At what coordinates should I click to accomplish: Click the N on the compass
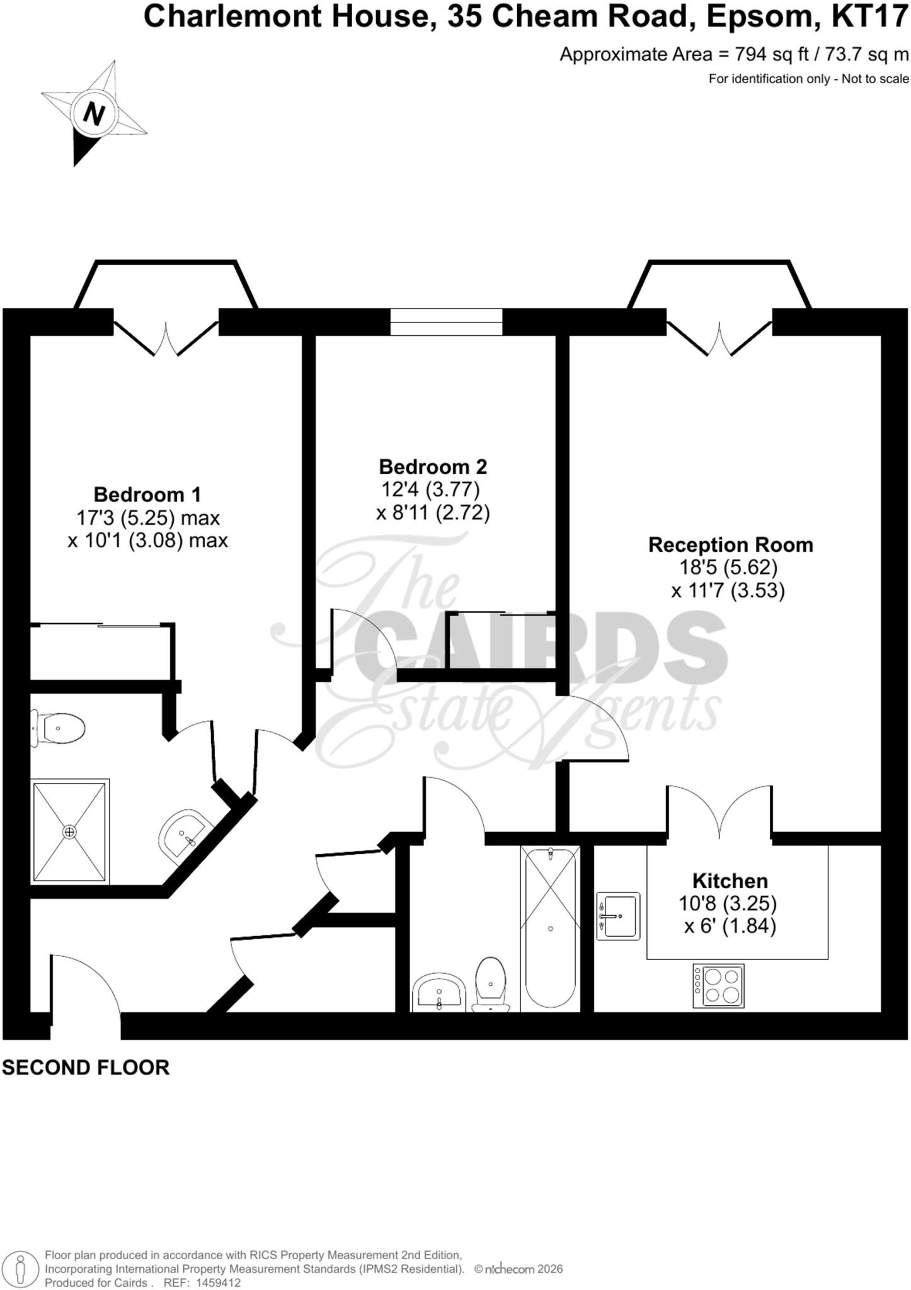point(94,115)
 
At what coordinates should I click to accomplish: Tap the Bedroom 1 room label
point(147,494)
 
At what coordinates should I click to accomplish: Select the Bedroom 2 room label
point(433,467)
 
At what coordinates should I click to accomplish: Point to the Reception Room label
point(731,544)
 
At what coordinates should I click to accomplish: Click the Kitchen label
point(730,881)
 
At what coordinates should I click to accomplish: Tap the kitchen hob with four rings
point(718,986)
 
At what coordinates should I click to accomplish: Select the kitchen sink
point(618,916)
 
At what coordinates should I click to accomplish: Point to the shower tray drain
point(69,832)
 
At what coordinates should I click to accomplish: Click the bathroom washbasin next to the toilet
point(439,993)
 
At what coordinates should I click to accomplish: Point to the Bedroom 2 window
point(446,321)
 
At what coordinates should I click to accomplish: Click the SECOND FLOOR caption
point(86,1067)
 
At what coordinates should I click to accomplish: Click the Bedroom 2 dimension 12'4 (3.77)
point(431,489)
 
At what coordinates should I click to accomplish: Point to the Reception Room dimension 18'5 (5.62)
point(728,568)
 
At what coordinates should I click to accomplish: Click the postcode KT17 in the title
point(870,17)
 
